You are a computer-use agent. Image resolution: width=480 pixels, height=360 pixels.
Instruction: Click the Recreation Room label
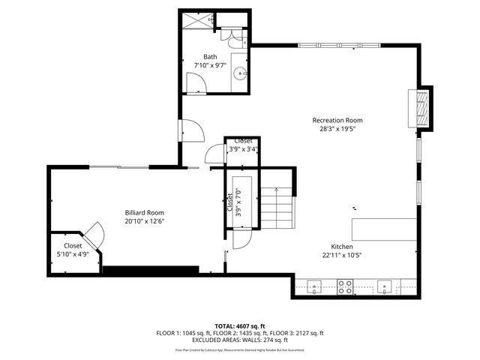(x=337, y=120)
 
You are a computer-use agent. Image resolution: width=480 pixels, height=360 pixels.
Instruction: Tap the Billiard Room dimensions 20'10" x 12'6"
(x=144, y=221)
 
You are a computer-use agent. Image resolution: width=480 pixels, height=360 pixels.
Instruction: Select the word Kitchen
(x=342, y=247)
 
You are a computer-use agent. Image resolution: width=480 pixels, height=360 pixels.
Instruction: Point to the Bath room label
(x=210, y=56)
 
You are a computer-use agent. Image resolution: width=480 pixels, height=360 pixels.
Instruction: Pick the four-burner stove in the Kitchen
(x=346, y=286)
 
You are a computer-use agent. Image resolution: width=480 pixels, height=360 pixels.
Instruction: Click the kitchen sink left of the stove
(x=313, y=286)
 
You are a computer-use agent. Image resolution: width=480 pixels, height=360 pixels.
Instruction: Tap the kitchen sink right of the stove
(x=383, y=286)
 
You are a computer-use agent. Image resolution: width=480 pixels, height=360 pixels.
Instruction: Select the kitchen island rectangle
(x=385, y=228)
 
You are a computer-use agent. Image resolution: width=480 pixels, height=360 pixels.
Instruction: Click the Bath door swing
(x=190, y=130)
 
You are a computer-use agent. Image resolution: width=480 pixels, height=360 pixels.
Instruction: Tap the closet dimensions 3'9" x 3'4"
(x=243, y=149)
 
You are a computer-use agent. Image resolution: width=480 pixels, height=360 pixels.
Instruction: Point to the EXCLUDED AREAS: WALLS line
(x=240, y=340)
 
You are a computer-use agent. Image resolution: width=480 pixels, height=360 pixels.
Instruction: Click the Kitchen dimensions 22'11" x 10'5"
(x=342, y=255)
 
